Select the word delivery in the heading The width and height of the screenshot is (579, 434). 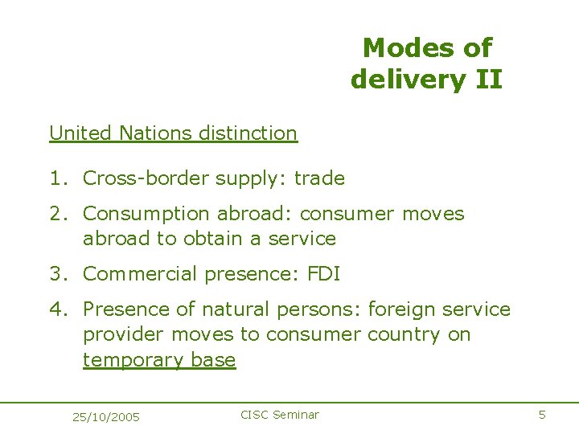[x=400, y=80]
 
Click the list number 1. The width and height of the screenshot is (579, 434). [x=54, y=178]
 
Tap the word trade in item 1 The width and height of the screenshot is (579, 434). [x=319, y=178]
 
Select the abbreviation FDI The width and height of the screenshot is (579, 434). [x=323, y=274]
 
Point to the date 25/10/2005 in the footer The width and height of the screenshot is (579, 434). [x=105, y=416]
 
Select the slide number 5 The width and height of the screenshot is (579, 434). [x=542, y=415]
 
